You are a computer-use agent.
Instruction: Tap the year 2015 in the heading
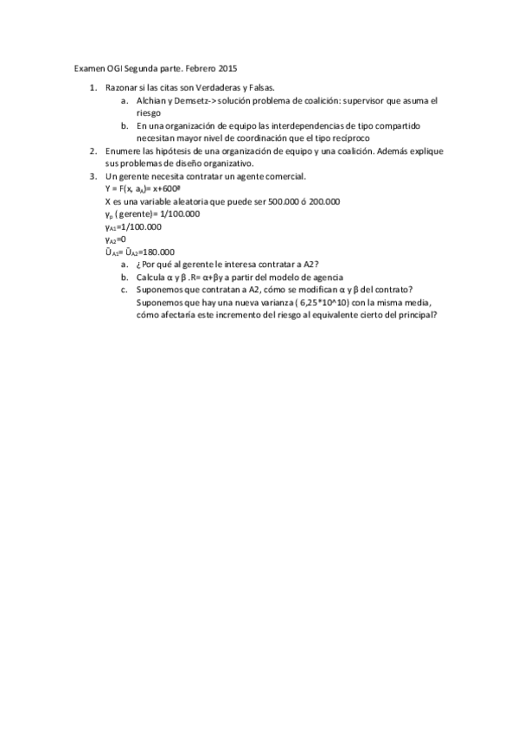(228, 67)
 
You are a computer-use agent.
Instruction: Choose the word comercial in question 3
(281, 175)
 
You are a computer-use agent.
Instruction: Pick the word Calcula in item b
(153, 277)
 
